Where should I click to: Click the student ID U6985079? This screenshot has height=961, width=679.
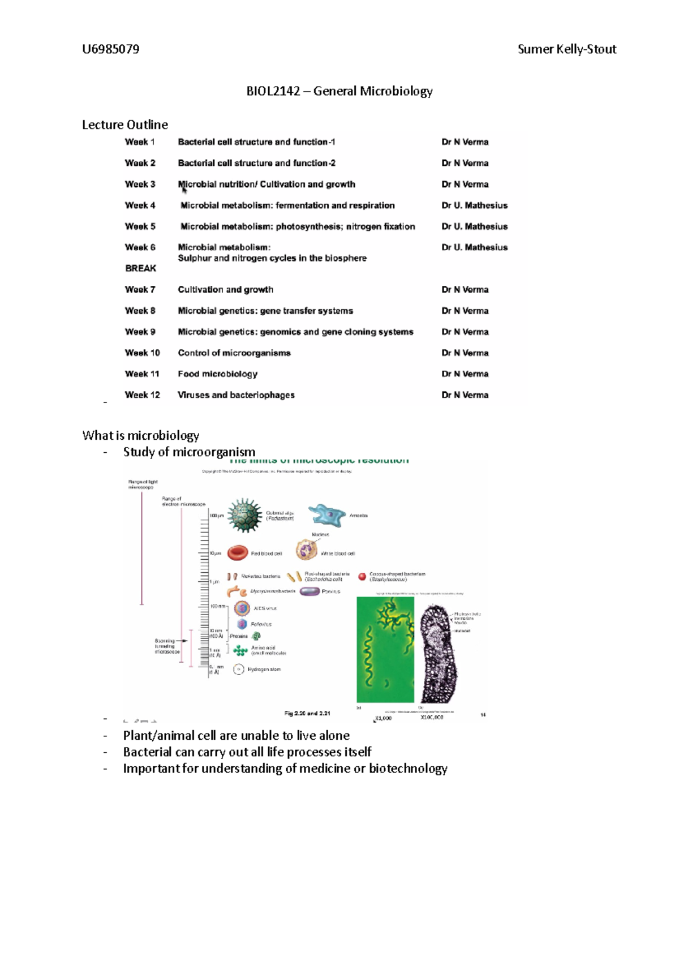point(110,49)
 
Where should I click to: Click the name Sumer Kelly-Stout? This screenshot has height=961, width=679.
point(566,49)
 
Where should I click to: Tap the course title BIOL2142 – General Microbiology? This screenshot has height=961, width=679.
point(339,91)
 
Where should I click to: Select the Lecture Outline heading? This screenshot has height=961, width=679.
point(124,125)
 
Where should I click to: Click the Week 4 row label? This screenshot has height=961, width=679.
point(140,205)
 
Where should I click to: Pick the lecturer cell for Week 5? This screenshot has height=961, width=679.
point(474,226)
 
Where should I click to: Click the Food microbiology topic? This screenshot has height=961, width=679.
point(217,374)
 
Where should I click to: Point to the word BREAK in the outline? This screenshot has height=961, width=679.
point(140,268)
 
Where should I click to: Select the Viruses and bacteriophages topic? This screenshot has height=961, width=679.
point(236,395)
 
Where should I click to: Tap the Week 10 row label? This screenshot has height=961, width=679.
point(142,353)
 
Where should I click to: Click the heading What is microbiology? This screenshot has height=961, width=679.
point(140,435)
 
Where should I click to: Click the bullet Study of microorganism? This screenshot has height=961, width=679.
point(189,452)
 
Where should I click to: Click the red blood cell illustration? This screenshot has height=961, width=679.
point(238,553)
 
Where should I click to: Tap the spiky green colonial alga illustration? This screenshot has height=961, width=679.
point(245,516)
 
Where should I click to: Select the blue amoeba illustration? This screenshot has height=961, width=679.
point(326,515)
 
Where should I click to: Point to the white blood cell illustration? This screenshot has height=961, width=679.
point(307,550)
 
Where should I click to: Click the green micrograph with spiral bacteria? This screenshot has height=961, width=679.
point(385,650)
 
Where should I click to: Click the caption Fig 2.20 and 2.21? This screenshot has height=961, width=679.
point(307,713)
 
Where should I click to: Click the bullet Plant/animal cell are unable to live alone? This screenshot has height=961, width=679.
point(236,736)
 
